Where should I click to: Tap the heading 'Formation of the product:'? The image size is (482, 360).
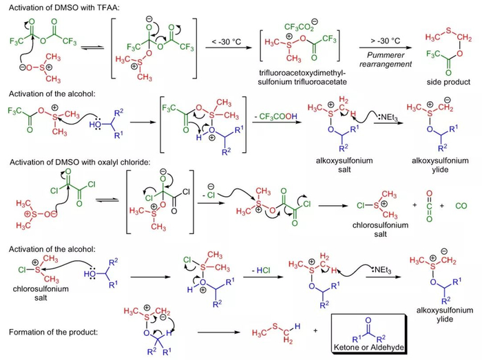52,332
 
